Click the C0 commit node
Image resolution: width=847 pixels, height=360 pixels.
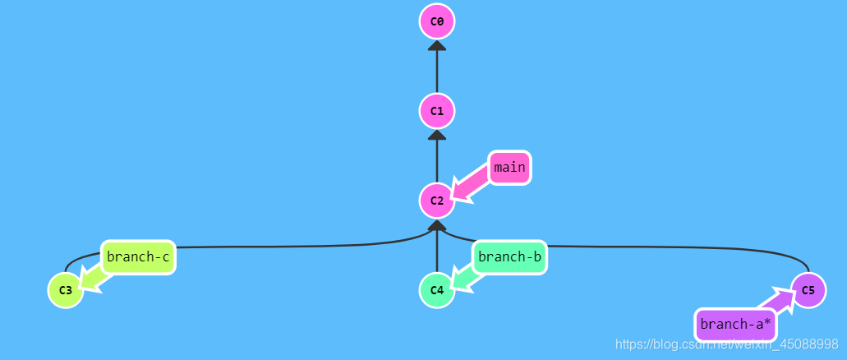click(x=436, y=21)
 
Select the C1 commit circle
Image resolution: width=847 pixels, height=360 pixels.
click(x=436, y=110)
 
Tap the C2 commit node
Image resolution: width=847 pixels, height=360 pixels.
click(x=436, y=201)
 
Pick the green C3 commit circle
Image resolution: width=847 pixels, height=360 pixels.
click(x=65, y=290)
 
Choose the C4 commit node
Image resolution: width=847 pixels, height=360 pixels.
click(x=436, y=290)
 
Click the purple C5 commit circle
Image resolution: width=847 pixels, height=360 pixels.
click(x=808, y=290)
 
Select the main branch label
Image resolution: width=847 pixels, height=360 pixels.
click(x=509, y=168)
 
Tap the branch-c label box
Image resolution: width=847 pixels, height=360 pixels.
click(x=138, y=257)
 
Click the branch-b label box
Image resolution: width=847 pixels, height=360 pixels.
click(x=509, y=257)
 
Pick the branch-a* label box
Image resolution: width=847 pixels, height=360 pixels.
click(x=735, y=324)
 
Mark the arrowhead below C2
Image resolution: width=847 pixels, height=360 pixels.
click(x=436, y=224)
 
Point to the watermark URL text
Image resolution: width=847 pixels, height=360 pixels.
click(x=726, y=344)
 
